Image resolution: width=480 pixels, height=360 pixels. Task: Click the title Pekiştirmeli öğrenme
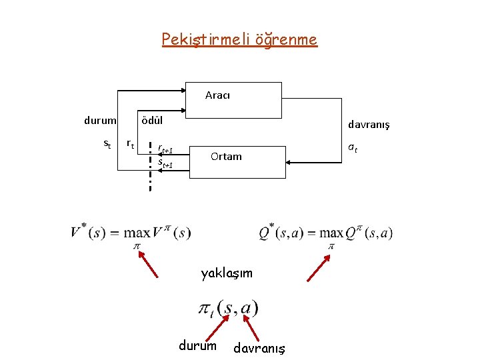click(x=239, y=39)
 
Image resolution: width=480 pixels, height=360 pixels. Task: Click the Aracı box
click(x=233, y=99)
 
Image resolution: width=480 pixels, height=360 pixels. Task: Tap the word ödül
click(x=149, y=121)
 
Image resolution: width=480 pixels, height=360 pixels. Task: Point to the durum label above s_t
click(x=100, y=121)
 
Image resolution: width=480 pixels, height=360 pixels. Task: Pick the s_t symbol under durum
click(x=107, y=144)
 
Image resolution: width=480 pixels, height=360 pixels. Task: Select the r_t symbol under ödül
click(x=131, y=143)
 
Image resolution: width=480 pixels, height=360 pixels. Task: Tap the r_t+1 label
click(x=165, y=151)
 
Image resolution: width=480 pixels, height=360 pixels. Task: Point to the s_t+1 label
click(x=165, y=163)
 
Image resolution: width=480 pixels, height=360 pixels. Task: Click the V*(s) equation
click(x=130, y=233)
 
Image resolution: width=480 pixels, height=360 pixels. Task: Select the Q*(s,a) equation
click(x=326, y=233)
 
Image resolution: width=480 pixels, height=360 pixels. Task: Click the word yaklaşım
click(x=227, y=273)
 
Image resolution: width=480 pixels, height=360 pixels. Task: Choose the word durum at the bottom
click(x=197, y=345)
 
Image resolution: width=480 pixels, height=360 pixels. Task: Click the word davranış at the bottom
click(x=259, y=348)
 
